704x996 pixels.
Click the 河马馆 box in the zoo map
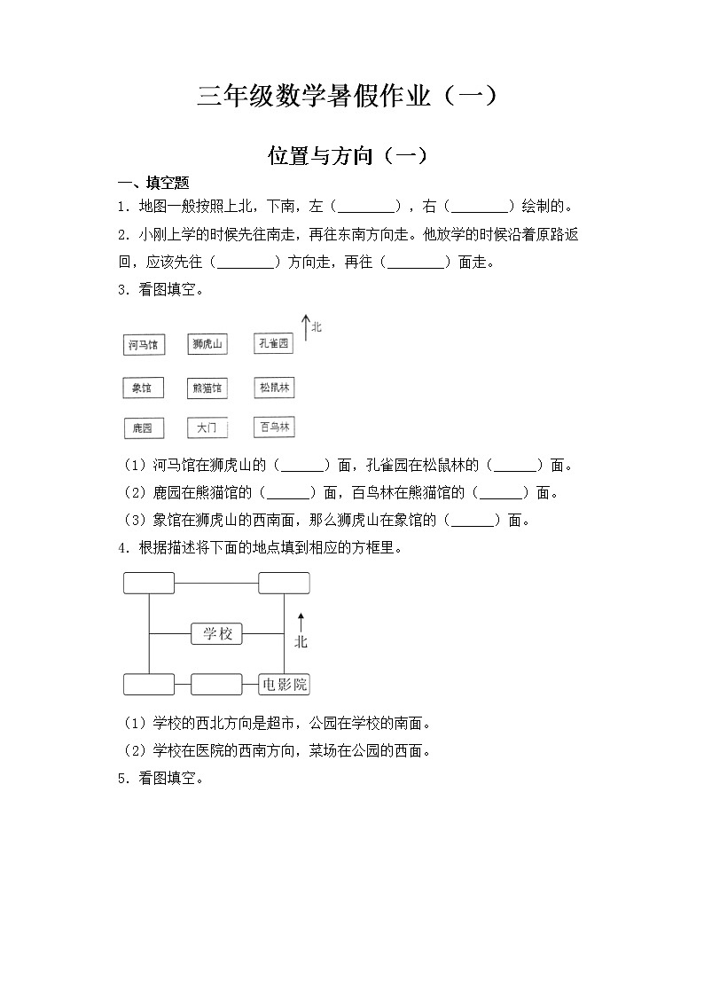(144, 345)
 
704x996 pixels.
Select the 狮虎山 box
(208, 344)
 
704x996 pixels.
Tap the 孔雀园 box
(273, 344)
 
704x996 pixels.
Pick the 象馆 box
(143, 388)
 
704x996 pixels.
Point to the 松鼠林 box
(274, 388)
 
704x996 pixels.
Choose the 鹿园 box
(143, 428)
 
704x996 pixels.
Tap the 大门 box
(208, 428)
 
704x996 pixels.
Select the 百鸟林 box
(274, 427)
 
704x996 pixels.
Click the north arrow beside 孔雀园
(306, 327)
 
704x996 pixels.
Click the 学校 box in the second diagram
(217, 633)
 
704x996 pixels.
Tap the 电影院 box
(284, 684)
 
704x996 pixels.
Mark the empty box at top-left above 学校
(149, 583)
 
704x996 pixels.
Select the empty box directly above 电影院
(284, 583)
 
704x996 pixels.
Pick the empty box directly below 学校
(216, 684)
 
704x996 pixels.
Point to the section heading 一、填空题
(154, 183)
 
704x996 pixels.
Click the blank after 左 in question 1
(367, 208)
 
